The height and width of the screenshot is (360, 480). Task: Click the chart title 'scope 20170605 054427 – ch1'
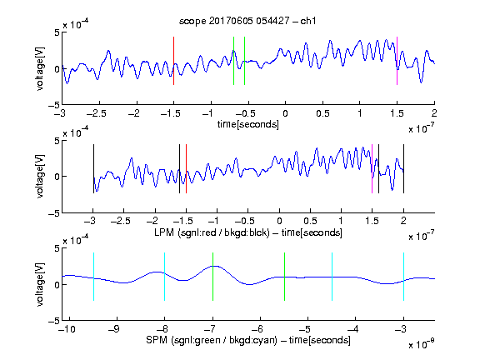tap(247, 21)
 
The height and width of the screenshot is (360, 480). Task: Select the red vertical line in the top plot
tap(173, 61)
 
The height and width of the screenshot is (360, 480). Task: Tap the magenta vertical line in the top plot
tap(397, 61)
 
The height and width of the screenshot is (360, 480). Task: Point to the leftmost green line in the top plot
tap(233, 61)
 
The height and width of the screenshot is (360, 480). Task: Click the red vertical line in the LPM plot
tap(186, 169)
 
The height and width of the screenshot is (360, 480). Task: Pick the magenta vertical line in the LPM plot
tap(372, 169)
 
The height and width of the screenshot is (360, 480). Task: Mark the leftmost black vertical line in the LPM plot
tap(93, 169)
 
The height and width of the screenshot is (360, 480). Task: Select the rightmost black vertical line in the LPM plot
tap(404, 169)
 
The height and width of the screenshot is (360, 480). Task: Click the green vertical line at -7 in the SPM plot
tap(212, 277)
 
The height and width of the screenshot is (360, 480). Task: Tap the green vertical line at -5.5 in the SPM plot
tap(284, 277)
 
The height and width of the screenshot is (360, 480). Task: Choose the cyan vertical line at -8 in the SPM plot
tap(165, 277)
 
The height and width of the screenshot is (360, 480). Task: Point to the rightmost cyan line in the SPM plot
tap(404, 277)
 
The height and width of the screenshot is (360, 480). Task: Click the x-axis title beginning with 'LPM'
tap(248, 232)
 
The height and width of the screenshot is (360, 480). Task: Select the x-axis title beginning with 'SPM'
tap(248, 340)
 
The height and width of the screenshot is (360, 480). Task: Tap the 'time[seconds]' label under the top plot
tap(248, 125)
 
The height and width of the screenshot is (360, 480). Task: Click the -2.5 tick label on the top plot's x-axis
tap(97, 113)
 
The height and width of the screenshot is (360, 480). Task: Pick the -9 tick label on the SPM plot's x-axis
tap(114, 329)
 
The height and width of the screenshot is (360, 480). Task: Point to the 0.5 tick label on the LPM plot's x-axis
tap(310, 221)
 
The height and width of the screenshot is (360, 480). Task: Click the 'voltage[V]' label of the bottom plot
tap(40, 284)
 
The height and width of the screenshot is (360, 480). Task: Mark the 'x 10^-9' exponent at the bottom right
tap(422, 343)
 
